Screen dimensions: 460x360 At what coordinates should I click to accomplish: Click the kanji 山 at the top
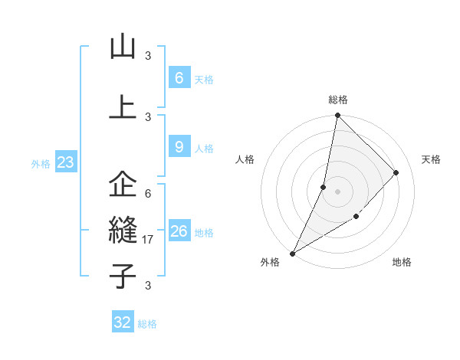point(123,47)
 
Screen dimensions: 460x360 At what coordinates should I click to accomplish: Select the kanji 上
point(123,106)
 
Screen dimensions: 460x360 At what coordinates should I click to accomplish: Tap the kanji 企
point(123,185)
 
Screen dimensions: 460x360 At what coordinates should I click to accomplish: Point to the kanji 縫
point(123,231)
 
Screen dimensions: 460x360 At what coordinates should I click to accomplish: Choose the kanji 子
point(123,276)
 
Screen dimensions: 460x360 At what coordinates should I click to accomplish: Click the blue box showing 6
point(179,78)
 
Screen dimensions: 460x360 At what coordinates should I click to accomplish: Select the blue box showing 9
point(179,147)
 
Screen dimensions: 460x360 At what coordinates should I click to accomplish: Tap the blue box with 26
point(179,231)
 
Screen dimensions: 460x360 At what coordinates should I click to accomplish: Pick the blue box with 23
point(65,162)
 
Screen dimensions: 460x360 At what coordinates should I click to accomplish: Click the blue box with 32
point(123,322)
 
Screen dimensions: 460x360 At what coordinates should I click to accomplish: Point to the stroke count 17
point(149,240)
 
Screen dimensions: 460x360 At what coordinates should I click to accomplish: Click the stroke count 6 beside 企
point(148,194)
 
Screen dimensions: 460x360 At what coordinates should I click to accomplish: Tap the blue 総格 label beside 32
point(147,324)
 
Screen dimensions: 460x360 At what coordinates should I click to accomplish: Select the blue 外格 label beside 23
point(41,163)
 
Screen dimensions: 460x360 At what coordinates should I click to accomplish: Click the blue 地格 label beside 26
point(204,233)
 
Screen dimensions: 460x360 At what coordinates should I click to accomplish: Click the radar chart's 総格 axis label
point(338,100)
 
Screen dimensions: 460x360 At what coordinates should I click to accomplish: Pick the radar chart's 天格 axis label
point(431,159)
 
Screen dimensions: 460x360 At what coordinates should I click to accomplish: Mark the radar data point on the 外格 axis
point(292,254)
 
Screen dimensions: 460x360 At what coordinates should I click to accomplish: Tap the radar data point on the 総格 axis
point(337,115)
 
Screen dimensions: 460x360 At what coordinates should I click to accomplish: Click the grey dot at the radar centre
point(337,191)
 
